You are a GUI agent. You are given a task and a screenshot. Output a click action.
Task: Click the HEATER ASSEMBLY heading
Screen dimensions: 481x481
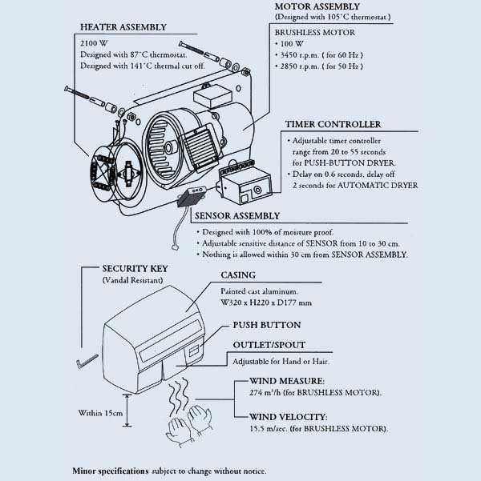click(x=123, y=26)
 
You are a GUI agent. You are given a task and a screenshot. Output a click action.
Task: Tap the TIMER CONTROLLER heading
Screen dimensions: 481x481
click(x=333, y=125)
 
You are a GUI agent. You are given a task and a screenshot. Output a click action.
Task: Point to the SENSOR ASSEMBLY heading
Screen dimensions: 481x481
click(x=238, y=216)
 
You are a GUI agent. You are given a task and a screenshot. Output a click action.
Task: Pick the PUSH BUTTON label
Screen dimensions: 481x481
click(x=267, y=326)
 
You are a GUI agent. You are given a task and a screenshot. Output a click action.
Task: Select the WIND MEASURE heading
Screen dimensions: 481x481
click(x=286, y=381)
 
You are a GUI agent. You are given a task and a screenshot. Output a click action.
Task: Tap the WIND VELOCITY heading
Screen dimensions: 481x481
click(x=287, y=416)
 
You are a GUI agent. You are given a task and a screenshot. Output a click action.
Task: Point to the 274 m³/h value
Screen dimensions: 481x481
click(x=269, y=393)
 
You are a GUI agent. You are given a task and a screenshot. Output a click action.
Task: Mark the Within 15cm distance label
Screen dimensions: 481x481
click(x=100, y=414)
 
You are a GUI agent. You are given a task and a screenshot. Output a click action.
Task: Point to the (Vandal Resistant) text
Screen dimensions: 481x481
click(x=133, y=282)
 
